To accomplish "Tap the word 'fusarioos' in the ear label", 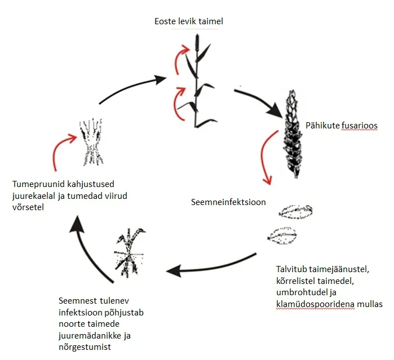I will click(362, 125).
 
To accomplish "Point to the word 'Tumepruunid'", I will click(37, 184).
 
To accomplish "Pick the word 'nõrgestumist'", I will click(84, 346).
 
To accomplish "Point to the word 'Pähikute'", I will click(322, 125).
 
